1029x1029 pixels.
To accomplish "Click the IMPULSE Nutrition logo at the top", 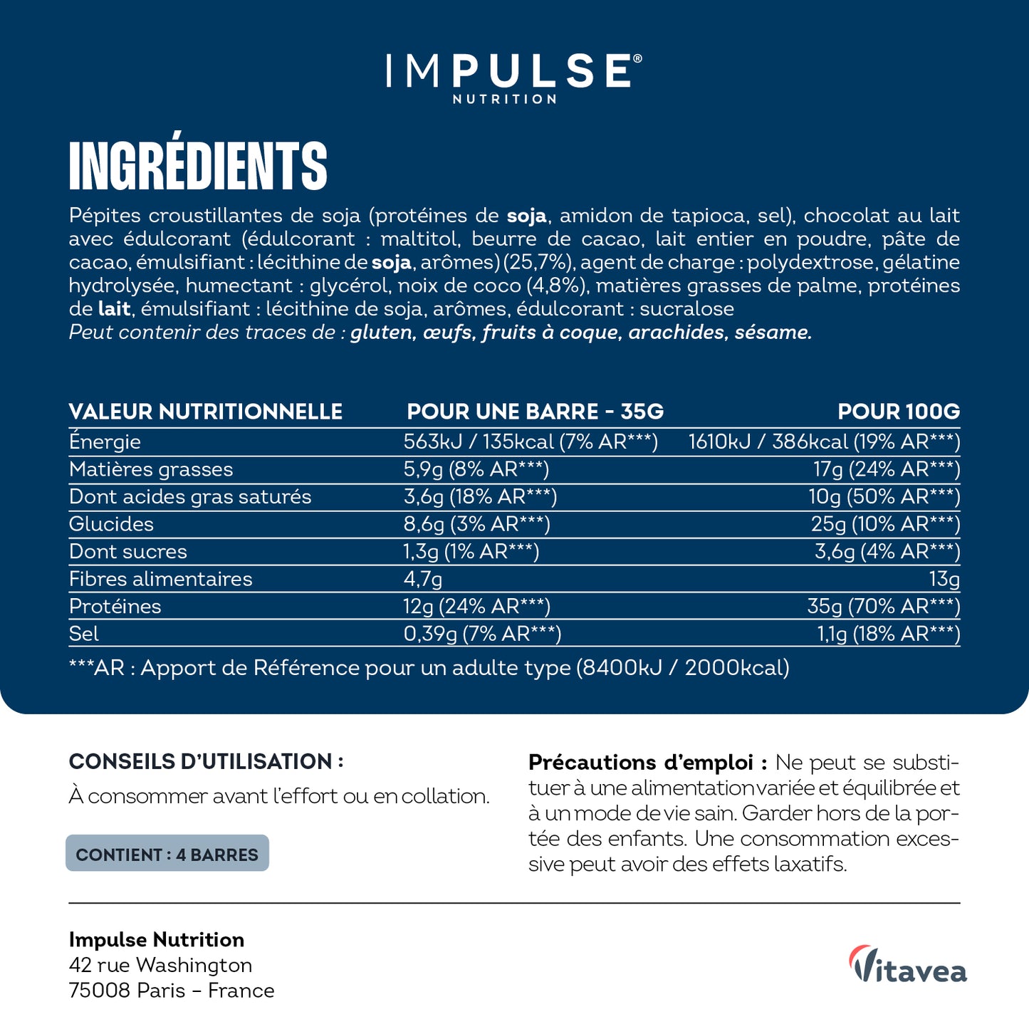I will point(513,77).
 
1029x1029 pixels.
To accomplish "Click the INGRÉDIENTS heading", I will point(198,166).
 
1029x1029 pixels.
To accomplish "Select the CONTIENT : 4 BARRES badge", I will point(167,854).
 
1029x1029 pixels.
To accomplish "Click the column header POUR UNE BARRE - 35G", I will point(535,412).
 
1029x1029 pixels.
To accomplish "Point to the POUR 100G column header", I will point(898,412).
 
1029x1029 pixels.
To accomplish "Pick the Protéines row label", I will point(115,606).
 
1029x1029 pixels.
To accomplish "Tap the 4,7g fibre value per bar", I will point(423,579).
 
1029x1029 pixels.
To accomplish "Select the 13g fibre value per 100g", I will point(944,579).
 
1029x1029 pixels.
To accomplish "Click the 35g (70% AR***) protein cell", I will point(883,606).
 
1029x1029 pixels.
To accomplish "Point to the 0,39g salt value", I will point(430,634).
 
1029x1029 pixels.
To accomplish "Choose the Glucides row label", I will point(111,524).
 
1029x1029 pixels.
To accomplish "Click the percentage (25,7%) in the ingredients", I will point(538,262).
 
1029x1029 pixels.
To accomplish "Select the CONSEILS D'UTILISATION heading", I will point(206,761).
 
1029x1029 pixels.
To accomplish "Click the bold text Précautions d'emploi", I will point(647,763).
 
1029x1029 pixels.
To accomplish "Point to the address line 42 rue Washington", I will point(161,965).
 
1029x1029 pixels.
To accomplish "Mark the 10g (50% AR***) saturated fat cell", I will point(884,496).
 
